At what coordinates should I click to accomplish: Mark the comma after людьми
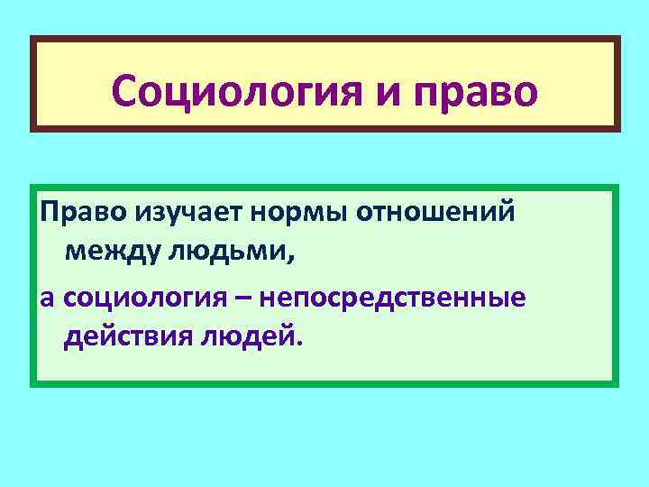(x=290, y=259)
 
